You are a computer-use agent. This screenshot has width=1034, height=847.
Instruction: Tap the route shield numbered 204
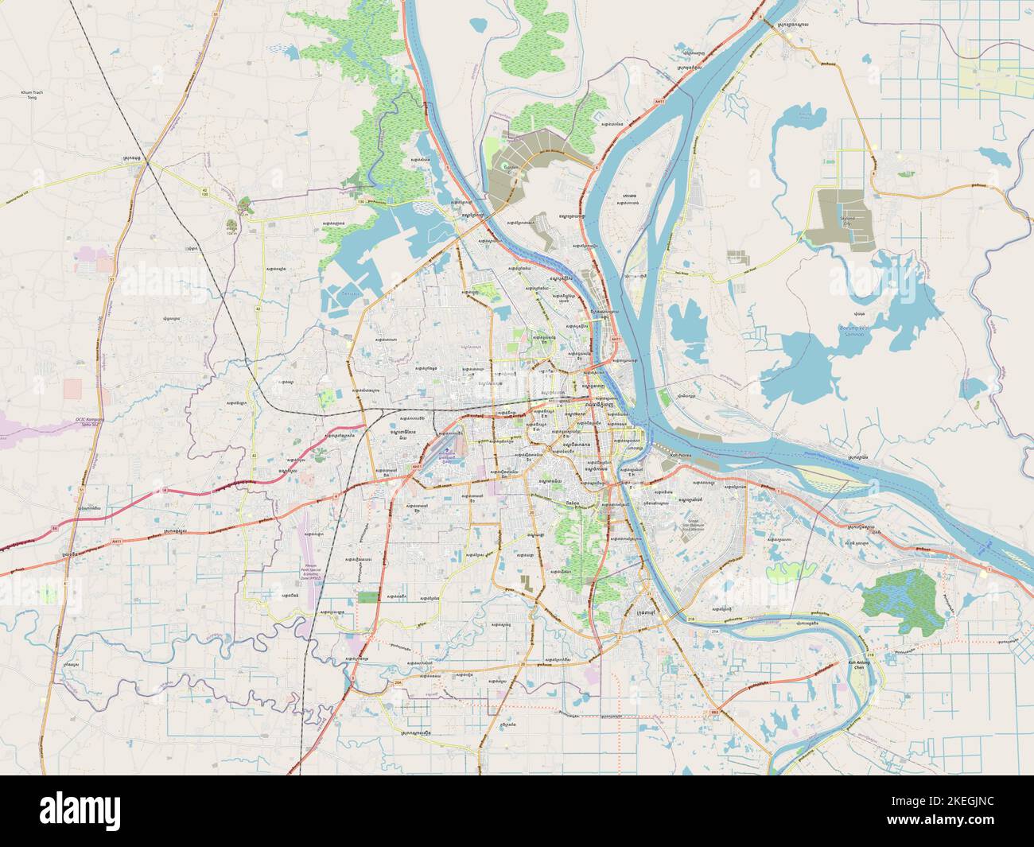[x=396, y=682]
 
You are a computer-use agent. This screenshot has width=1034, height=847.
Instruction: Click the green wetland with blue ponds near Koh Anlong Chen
[x=902, y=600]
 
